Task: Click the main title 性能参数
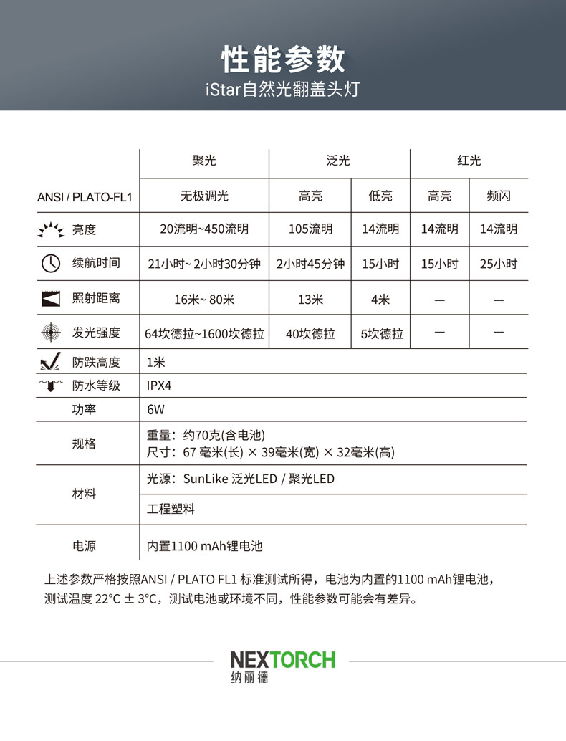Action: pos(283,59)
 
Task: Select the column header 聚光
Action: pos(203,161)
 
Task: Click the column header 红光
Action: pos(469,161)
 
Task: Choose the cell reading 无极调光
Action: pos(203,196)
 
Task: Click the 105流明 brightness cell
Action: pos(310,229)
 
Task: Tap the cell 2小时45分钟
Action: pos(310,264)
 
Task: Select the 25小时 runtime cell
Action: pos(499,264)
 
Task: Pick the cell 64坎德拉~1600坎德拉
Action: pos(204,334)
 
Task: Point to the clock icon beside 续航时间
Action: pos(50,264)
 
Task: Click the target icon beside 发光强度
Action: pos(50,333)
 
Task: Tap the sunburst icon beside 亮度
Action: pos(50,230)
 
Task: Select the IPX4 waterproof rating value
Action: pos(159,386)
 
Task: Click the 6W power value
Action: pos(155,411)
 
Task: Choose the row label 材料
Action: pos(85,494)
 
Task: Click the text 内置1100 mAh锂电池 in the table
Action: pos(205,546)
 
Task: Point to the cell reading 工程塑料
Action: pos(171,510)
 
